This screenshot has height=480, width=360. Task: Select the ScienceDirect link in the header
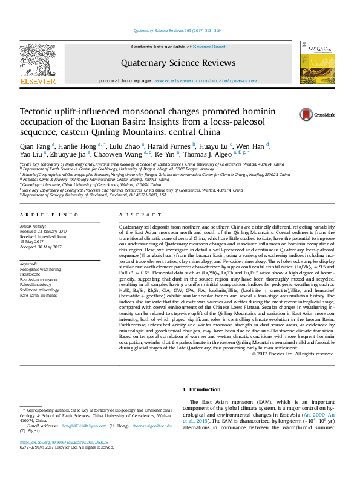coord(209,47)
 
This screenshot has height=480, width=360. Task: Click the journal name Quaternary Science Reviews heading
coord(178,63)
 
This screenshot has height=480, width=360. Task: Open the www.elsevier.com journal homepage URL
coord(206,80)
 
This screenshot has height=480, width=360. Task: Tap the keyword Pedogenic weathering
coord(40,269)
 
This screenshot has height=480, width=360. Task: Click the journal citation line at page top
coord(180,31)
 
